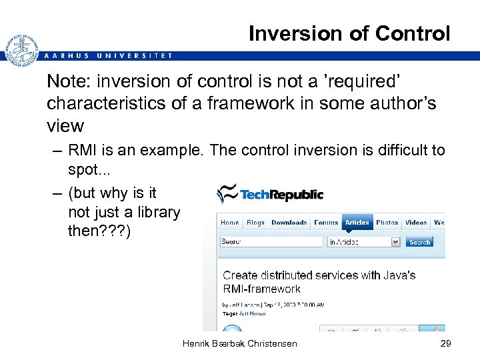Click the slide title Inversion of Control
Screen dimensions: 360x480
[349, 33]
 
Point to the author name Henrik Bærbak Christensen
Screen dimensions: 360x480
[239, 343]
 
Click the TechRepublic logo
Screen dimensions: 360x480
[270, 194]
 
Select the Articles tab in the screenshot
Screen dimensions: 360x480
[357, 223]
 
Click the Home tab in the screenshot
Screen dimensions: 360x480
[229, 223]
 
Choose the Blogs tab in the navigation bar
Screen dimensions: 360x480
[255, 223]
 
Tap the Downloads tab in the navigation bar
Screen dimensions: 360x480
[289, 223]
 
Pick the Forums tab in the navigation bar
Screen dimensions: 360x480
[326, 223]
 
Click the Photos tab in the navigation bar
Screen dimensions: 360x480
[387, 223]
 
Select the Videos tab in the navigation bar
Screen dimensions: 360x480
[416, 223]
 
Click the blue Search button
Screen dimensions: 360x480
[419, 242]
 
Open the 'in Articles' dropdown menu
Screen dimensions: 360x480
[363, 242]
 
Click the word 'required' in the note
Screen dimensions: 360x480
[365, 82]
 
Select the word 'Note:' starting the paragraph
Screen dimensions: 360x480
[69, 82]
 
